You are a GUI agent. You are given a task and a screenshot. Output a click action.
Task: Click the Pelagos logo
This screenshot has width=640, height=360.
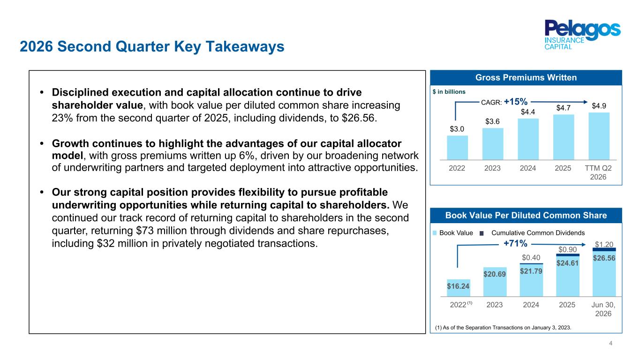tap(582, 34)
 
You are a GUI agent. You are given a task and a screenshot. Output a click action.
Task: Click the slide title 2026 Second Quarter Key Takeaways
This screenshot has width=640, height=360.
tap(152, 46)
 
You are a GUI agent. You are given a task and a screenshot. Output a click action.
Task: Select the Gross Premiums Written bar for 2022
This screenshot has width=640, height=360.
tap(458, 148)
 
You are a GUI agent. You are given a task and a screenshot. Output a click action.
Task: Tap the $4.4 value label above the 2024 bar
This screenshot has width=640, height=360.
tap(528, 112)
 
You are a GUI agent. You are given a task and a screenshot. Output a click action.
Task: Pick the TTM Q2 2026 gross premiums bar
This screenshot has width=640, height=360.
tap(599, 136)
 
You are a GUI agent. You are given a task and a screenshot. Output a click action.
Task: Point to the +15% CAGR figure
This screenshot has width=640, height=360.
tap(515, 101)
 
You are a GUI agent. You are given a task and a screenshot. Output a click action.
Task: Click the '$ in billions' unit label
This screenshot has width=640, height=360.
tap(449, 92)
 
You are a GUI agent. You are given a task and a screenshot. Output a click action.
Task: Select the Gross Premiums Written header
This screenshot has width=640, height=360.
tap(526, 77)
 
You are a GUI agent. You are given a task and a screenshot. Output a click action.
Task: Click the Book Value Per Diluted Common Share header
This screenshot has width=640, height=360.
tap(526, 216)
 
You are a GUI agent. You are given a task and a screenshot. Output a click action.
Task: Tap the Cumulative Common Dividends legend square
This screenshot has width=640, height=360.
tap(482, 233)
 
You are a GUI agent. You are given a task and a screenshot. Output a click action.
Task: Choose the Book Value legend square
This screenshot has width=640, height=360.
tap(435, 233)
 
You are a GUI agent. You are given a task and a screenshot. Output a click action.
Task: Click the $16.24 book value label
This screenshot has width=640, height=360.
tap(458, 286)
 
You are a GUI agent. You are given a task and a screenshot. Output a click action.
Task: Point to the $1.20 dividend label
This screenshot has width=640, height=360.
tap(604, 244)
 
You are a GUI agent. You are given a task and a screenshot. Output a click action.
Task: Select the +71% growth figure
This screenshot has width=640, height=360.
tap(515, 243)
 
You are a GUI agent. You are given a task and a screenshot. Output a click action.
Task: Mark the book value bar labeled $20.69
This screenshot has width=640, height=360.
tap(495, 282)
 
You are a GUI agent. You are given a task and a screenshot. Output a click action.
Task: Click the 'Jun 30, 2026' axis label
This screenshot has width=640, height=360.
tap(603, 309)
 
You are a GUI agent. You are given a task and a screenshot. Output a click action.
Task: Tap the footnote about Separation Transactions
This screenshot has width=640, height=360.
tap(503, 328)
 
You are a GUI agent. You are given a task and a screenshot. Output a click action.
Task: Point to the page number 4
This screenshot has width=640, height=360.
tap(610, 343)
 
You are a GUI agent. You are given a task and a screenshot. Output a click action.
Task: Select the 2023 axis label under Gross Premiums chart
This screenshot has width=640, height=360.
tap(492, 168)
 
